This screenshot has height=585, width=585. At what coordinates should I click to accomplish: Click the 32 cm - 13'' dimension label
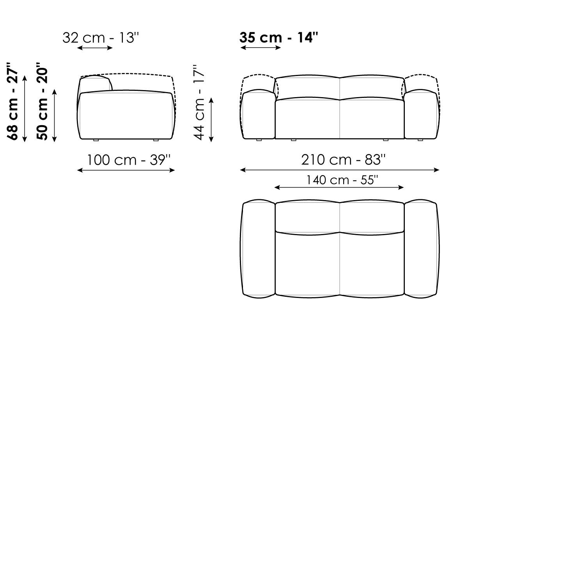101,38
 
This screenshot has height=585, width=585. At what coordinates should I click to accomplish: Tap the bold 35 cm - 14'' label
279,37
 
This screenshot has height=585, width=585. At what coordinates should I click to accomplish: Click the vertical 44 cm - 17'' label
199,103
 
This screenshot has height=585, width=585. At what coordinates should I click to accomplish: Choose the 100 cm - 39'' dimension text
128,160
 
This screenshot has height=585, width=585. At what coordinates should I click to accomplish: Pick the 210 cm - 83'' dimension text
343,160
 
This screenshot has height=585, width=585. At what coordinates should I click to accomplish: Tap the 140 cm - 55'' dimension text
342,180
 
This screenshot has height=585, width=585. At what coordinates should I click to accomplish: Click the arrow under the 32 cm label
95,48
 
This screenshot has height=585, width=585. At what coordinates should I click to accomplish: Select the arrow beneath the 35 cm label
261,48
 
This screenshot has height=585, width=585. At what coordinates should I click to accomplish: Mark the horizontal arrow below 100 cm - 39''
126,170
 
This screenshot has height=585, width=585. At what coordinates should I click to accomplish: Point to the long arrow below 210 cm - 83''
340,170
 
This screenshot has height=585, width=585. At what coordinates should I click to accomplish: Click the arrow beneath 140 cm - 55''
339,188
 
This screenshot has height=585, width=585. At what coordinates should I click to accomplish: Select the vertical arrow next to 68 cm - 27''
25,109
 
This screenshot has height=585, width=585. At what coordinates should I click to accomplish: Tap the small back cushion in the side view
96,84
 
